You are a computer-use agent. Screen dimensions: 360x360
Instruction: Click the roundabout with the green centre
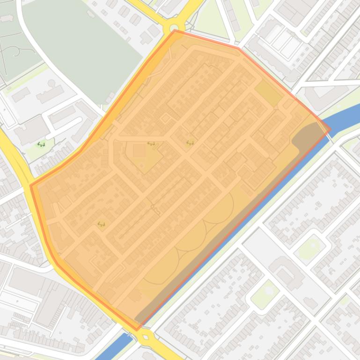(175, 28)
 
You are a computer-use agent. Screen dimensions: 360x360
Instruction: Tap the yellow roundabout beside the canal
(146, 335)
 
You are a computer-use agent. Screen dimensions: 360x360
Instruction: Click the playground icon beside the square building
(151, 144)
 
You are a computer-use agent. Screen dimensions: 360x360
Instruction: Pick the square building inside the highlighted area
(139, 151)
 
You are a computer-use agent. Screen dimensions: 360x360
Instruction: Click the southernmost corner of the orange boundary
(137, 330)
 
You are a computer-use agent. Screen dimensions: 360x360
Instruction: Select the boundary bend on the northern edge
(238, 48)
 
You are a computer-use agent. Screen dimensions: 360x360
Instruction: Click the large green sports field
(84, 47)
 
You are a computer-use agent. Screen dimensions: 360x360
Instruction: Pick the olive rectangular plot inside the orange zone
(268, 92)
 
